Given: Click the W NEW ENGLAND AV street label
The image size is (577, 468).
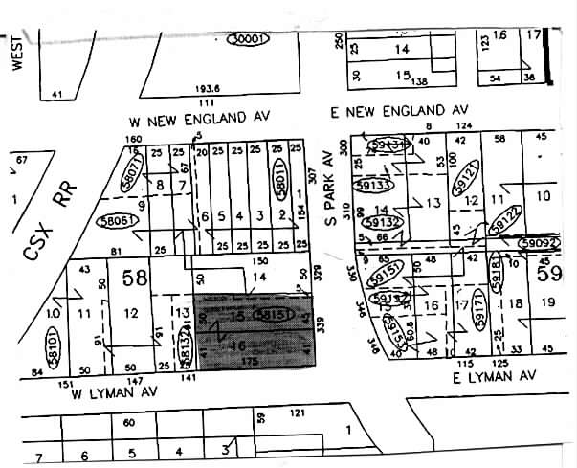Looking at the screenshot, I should tap(200, 122).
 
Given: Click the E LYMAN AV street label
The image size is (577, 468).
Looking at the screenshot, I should tap(493, 378).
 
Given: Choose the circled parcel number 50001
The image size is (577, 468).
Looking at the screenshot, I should tap(248, 38).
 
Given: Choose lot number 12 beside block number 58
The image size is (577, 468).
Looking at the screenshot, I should tap(131, 311).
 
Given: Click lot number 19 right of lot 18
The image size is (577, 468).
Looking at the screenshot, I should tap(548, 303).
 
